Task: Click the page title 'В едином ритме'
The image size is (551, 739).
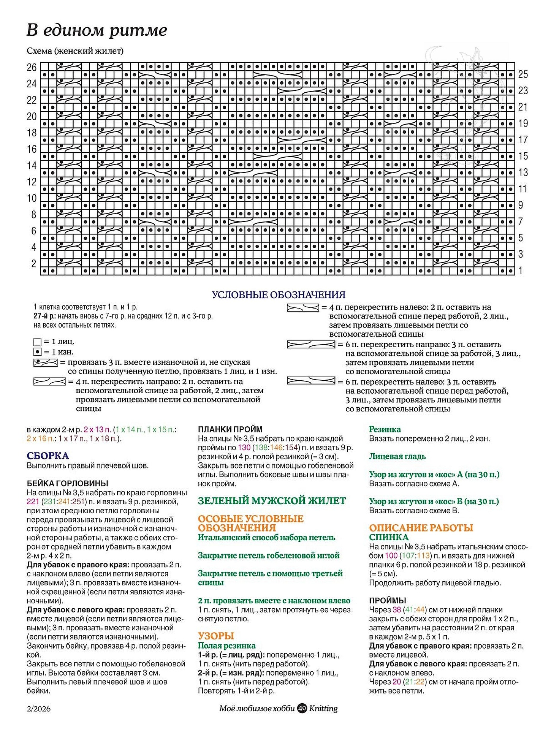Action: pos(97,30)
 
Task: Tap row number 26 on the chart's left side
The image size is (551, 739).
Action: pos(32,68)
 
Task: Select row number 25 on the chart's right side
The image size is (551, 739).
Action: pos(523,74)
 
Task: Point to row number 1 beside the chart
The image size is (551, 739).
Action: pos(521,271)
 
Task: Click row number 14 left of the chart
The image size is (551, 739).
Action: pos(32,166)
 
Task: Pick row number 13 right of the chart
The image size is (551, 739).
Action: pos(523,172)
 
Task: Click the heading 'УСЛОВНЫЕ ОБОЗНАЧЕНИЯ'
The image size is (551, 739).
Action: pos(279,295)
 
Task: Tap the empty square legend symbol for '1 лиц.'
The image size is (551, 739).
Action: pos(37,342)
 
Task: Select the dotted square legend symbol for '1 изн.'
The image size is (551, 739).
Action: pos(37,352)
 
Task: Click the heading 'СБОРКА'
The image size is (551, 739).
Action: pos(48,456)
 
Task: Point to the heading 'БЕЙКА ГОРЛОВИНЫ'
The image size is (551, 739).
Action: pos(68,483)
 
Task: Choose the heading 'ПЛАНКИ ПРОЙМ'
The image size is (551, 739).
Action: pos(230,429)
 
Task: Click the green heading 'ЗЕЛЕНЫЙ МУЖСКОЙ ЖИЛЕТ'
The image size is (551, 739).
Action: pos(272,501)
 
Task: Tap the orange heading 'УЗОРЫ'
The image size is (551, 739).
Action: pos(216,636)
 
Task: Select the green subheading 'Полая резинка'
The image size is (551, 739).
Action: pos(227,646)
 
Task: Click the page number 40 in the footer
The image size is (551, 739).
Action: pos(302,709)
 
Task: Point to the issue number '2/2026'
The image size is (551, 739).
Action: pos(38,709)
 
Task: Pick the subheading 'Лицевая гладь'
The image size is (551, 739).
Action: pos(397,456)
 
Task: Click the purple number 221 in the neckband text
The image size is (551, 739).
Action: pos(33,502)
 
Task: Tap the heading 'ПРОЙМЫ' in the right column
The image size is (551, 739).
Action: pos(388,600)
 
